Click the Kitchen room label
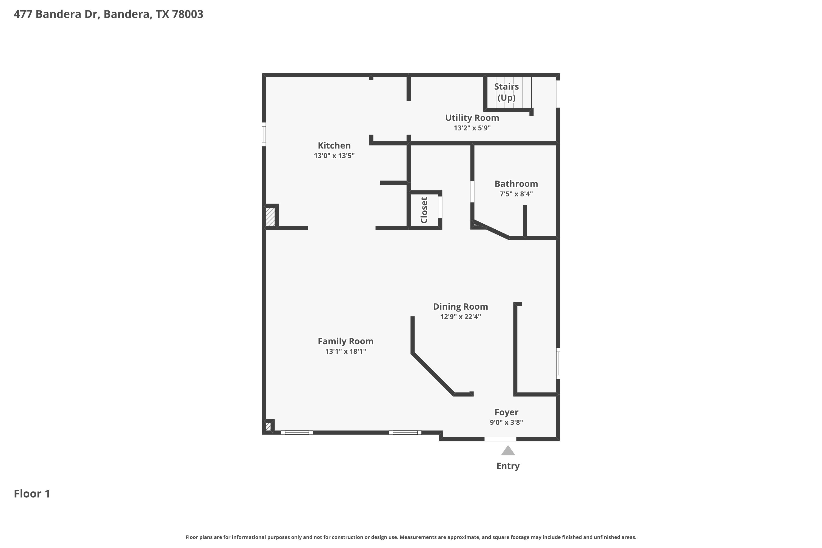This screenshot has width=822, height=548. pos(334,145)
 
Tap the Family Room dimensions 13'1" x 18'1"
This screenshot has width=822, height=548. pos(345,351)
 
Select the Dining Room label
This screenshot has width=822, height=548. pos(460,307)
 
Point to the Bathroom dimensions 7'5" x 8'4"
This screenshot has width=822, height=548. pos(516,194)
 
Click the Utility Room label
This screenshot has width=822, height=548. pos(472,118)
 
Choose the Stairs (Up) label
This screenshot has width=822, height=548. pos(506,92)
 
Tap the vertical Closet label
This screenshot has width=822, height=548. pos(424,210)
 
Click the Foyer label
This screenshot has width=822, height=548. pos(506,412)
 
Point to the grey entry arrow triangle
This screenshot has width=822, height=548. pos(508,451)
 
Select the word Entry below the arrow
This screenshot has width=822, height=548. pos(508,466)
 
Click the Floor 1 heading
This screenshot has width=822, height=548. pos(32,493)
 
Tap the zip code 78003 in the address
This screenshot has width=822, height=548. pos(187,14)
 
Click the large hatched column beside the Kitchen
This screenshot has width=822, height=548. pos(270,217)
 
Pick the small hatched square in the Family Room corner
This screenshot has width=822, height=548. pos(268,427)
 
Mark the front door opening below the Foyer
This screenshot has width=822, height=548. pos(500,439)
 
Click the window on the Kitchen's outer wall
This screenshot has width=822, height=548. pos(264,134)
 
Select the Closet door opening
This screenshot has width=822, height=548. pos(440,207)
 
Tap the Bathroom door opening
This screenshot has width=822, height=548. pos(472,192)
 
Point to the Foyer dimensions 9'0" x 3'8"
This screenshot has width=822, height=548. pos(506,422)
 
